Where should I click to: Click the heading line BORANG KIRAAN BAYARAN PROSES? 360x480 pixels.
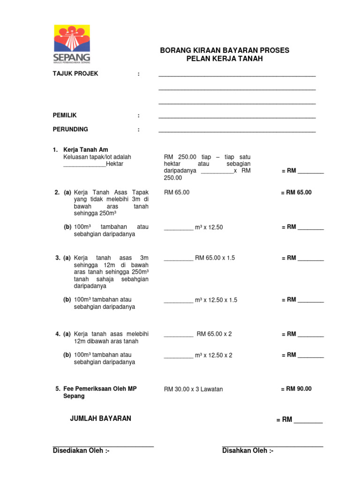point(225,50)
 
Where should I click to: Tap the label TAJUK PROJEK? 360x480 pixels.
point(75,74)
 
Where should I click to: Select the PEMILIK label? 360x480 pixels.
point(64,115)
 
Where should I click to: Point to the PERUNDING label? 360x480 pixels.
point(70,129)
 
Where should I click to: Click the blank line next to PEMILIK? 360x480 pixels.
point(237,117)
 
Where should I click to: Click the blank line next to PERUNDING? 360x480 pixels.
point(237,130)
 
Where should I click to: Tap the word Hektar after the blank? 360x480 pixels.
point(115,164)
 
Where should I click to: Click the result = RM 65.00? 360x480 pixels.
point(296,192)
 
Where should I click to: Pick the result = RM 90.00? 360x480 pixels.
point(296,389)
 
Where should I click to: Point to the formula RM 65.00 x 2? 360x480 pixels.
point(214,334)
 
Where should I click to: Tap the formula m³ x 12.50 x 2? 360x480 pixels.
point(213,355)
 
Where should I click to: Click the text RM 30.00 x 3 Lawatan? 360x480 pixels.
point(193,389)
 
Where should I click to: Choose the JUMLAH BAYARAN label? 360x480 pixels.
point(100,418)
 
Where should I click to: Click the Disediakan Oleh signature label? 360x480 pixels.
point(81,451)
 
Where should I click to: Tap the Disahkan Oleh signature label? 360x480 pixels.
point(247,451)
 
